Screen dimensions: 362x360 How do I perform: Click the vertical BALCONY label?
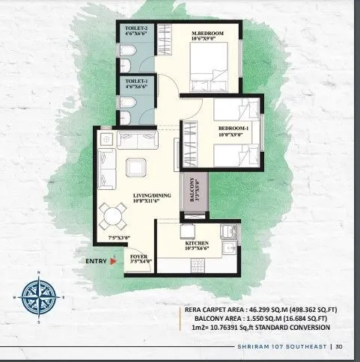[192, 191]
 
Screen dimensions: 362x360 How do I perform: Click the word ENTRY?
[96, 261]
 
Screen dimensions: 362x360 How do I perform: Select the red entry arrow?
[112, 261]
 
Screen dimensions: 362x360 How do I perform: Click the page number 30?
[339, 346]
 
